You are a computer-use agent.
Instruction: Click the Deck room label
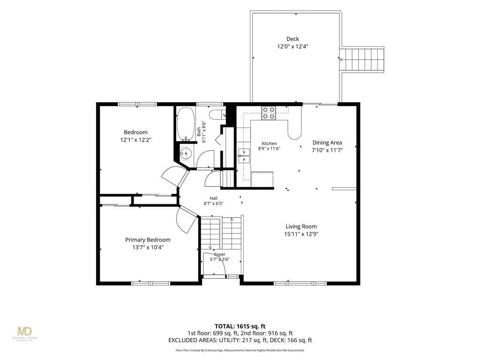(x=292, y=39)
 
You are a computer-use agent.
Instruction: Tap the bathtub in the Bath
(x=186, y=123)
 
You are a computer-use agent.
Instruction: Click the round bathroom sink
(x=186, y=153)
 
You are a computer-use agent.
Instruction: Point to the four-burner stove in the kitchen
(x=269, y=113)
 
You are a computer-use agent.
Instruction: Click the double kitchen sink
(x=244, y=156)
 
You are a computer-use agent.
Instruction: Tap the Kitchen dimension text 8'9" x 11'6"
(x=269, y=149)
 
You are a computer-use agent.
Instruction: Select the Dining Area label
(x=327, y=142)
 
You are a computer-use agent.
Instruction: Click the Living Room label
(x=301, y=226)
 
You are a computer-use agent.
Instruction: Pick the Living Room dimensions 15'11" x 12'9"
(x=301, y=234)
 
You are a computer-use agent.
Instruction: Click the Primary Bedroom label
(x=148, y=240)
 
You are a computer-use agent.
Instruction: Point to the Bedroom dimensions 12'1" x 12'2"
(x=136, y=140)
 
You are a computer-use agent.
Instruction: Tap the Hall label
(x=214, y=198)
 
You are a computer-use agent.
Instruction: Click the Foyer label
(x=219, y=255)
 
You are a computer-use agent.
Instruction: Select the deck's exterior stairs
(x=362, y=60)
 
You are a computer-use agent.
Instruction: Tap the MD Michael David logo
(x=25, y=333)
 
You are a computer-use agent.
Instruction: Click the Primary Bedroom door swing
(x=186, y=220)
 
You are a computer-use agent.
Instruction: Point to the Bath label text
(x=199, y=132)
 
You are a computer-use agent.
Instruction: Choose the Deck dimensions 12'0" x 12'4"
(x=292, y=46)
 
